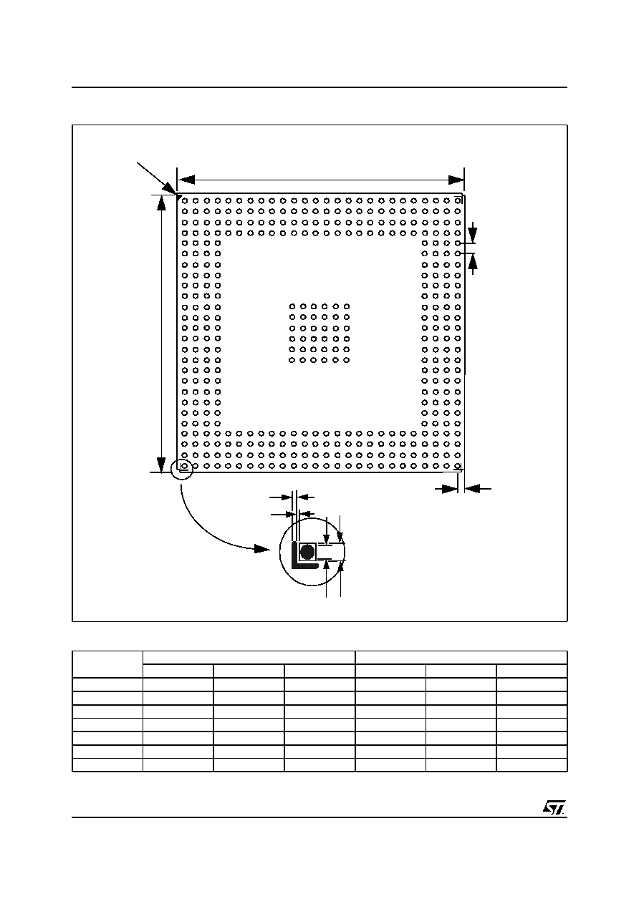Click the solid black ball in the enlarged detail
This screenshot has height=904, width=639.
[x=307, y=552]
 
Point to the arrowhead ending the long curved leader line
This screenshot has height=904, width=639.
[x=261, y=549]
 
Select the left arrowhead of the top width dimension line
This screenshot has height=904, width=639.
[x=186, y=180]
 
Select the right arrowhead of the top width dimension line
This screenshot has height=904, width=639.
[x=456, y=180]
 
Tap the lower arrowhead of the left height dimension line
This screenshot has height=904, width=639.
[x=161, y=464]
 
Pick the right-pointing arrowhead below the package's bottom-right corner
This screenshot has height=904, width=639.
[x=450, y=489]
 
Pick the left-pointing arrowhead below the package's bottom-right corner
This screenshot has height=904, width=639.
[x=472, y=489]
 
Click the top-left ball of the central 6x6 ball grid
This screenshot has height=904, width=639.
[x=292, y=307]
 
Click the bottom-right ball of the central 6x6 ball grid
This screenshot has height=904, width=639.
[x=347, y=360]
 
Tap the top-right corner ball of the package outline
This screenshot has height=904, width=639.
[x=458, y=200]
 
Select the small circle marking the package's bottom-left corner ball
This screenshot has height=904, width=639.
[x=185, y=466]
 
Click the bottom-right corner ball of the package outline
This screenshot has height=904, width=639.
[x=458, y=466]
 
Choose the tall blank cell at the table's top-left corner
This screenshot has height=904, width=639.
[x=107, y=665]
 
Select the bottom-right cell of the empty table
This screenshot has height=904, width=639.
[x=532, y=765]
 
